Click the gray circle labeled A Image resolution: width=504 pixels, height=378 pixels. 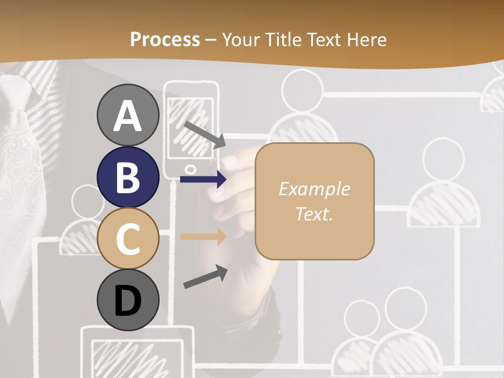128,115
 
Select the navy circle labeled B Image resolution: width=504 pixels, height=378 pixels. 128,177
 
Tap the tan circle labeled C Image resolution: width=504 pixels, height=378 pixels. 128,238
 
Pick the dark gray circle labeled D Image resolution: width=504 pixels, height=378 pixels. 128,300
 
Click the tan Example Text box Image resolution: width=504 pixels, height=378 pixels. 314,201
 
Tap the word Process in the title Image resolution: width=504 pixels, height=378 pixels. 165,39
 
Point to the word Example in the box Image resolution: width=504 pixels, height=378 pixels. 314,189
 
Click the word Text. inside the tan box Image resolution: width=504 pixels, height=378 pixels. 314,214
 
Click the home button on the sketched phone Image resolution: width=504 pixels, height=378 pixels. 191,169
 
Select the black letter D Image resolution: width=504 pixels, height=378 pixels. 128,301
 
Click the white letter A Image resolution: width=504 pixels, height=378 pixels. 128,116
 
